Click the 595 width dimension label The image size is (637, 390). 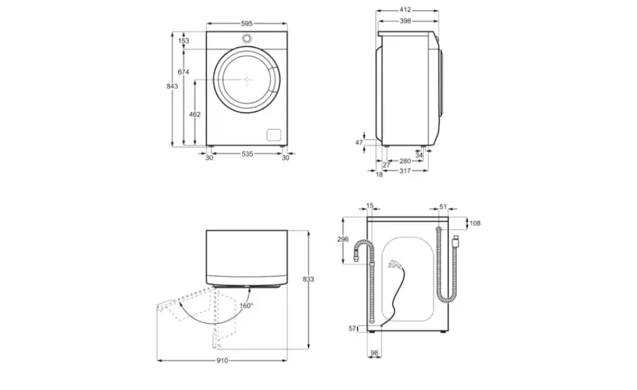point(246,23)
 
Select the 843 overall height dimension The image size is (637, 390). point(172,86)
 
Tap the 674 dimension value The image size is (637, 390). point(183,72)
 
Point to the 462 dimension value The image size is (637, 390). point(194,114)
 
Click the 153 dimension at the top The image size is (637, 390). point(183,40)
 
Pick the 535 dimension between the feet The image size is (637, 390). point(247,153)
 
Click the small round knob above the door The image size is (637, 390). point(246,38)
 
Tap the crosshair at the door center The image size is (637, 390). point(247,79)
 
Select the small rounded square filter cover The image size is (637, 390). point(274,135)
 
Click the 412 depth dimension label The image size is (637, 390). point(405,10)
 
